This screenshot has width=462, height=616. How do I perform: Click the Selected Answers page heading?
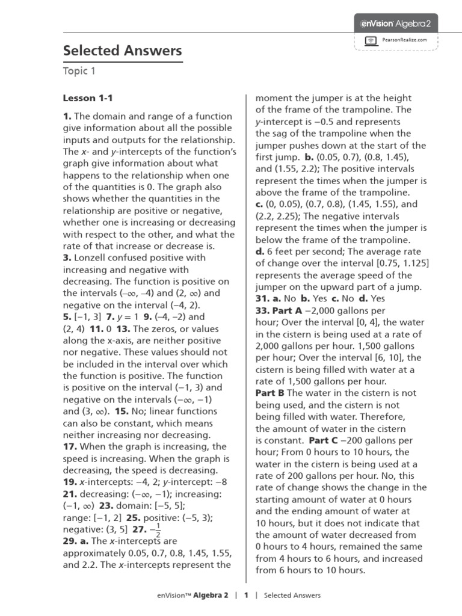(123, 51)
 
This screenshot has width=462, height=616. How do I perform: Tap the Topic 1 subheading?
(79, 72)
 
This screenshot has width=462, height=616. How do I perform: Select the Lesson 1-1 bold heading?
(88, 98)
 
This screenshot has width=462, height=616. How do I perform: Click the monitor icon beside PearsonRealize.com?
(371, 40)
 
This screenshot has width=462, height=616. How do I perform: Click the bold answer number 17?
(69, 447)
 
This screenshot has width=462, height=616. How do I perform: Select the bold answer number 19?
(69, 482)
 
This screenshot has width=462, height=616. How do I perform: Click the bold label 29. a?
(76, 541)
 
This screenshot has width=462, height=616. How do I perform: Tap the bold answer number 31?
(262, 299)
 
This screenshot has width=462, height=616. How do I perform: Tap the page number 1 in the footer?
(246, 596)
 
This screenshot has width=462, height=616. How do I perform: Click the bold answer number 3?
(67, 258)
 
